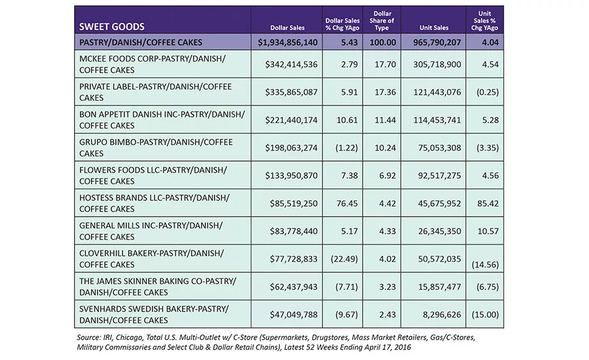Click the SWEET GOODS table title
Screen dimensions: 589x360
(x=111, y=27)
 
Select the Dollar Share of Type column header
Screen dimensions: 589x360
(x=382, y=20)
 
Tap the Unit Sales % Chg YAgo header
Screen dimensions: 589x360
(x=484, y=20)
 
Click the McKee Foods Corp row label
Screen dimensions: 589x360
(x=152, y=64)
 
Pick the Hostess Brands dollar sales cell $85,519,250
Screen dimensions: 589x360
(x=294, y=204)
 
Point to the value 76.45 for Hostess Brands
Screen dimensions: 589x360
(x=347, y=204)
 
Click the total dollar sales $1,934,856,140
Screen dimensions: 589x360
(x=288, y=42)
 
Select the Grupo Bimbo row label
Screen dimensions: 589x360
(x=156, y=148)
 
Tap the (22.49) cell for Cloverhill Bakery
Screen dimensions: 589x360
(x=344, y=259)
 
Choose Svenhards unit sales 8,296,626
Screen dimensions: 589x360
(x=442, y=315)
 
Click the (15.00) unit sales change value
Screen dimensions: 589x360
(x=485, y=315)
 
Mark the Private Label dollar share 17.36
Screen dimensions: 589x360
(x=385, y=92)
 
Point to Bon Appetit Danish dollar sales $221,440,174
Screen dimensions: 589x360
(x=291, y=120)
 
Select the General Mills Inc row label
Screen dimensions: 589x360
(x=151, y=231)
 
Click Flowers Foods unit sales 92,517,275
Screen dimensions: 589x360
(x=440, y=175)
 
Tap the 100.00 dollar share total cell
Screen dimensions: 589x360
(x=383, y=42)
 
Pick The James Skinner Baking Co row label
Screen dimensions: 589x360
(x=158, y=287)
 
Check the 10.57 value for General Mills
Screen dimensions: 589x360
(x=488, y=231)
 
